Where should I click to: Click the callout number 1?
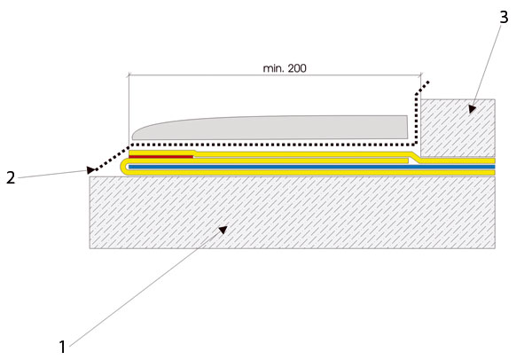click(62, 347)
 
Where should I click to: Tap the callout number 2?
click(11, 178)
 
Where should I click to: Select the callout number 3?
click(505, 17)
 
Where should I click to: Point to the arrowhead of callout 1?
click(223, 230)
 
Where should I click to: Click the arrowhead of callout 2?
click(90, 169)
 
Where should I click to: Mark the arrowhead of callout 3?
click(472, 109)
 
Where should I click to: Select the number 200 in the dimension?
click(297, 68)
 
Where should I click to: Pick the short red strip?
click(160, 157)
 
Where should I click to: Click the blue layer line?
click(311, 167)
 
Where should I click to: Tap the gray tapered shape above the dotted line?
click(270, 128)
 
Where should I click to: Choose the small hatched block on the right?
click(458, 128)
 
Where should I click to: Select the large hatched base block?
click(292, 213)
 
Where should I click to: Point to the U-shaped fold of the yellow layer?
click(124, 167)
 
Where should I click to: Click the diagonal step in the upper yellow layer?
click(415, 158)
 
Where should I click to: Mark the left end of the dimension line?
click(129, 75)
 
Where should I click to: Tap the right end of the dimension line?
click(420, 75)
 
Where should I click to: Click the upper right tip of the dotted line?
click(428, 82)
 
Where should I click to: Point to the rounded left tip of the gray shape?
click(133, 137)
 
